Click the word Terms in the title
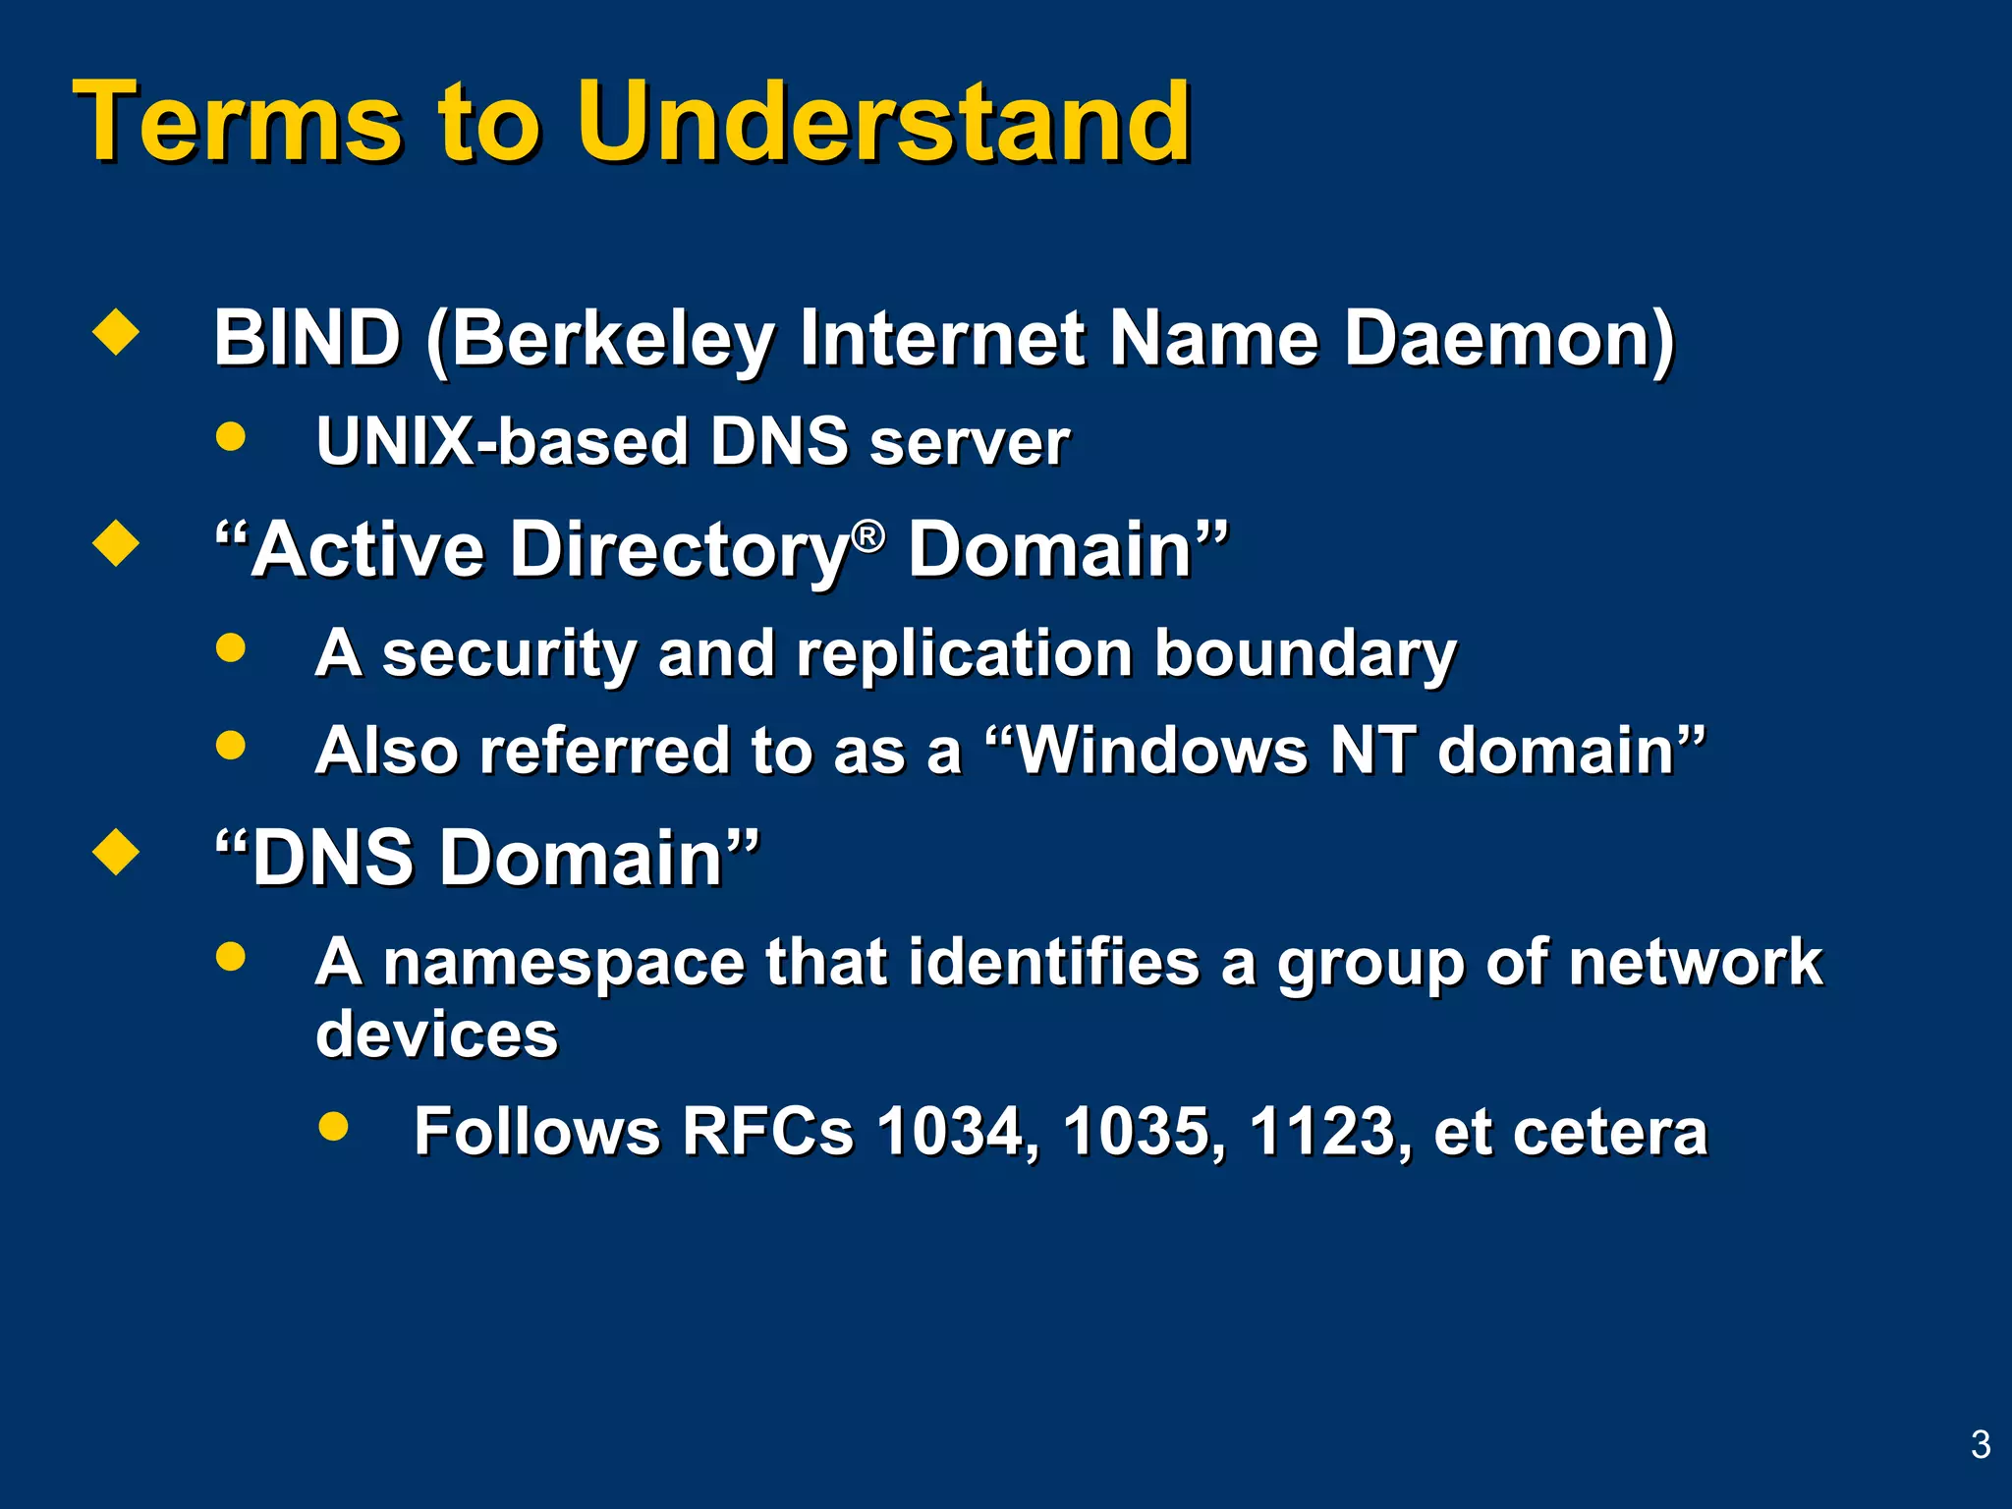click(237, 122)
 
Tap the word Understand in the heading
click(883, 122)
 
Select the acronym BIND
click(307, 338)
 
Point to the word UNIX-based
click(501, 441)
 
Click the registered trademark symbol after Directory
click(867, 535)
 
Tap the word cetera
click(1610, 1133)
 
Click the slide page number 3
click(1981, 1444)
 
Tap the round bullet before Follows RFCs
click(334, 1126)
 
